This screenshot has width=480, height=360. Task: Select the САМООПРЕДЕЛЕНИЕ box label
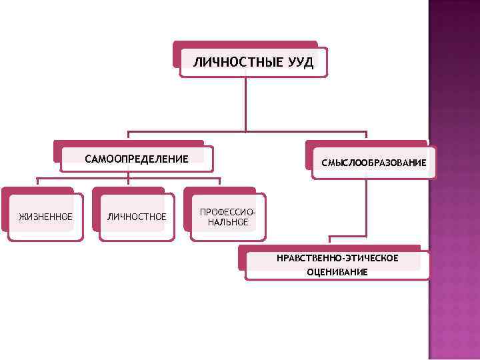coord(137,159)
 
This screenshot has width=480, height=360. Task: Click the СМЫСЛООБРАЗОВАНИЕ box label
coord(374,163)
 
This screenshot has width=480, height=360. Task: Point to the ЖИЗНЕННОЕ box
coord(46,217)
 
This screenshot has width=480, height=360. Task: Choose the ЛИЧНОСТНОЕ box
coord(137,217)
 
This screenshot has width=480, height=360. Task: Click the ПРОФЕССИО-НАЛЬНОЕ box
coord(227,217)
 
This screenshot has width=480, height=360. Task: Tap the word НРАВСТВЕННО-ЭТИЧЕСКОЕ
coord(337,258)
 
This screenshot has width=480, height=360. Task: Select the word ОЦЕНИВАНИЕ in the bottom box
coord(337,272)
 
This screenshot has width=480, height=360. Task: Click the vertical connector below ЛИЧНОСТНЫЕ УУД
coord(246,103)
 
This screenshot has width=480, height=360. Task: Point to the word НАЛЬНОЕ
coord(227,222)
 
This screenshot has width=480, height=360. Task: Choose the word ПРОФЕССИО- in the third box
coord(227,211)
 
